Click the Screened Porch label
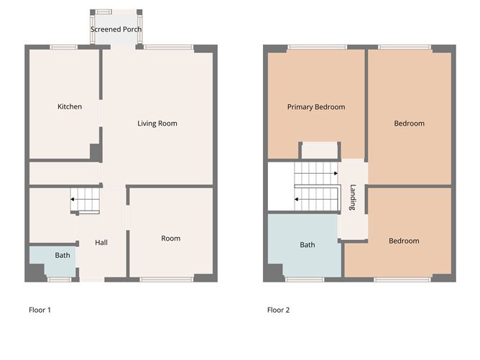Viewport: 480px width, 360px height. [x=116, y=29]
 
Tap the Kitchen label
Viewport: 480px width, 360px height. [x=70, y=107]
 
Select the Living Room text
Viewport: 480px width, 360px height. [x=157, y=124]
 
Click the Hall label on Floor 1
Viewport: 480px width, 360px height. [x=101, y=243]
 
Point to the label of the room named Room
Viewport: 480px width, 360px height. [x=171, y=239]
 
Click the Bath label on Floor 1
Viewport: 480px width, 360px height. [x=63, y=255]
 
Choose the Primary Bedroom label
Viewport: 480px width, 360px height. [x=316, y=107]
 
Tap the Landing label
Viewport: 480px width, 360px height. [x=353, y=198]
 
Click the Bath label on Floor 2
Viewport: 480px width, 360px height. [x=308, y=245]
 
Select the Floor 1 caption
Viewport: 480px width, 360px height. [x=40, y=310]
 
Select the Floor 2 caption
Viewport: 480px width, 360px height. [x=278, y=310]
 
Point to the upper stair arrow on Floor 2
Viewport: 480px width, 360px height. [x=336, y=172]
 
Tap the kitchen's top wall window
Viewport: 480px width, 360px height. [x=64, y=47]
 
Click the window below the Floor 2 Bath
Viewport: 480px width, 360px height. [x=304, y=278]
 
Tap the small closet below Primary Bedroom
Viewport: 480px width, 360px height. [x=319, y=151]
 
